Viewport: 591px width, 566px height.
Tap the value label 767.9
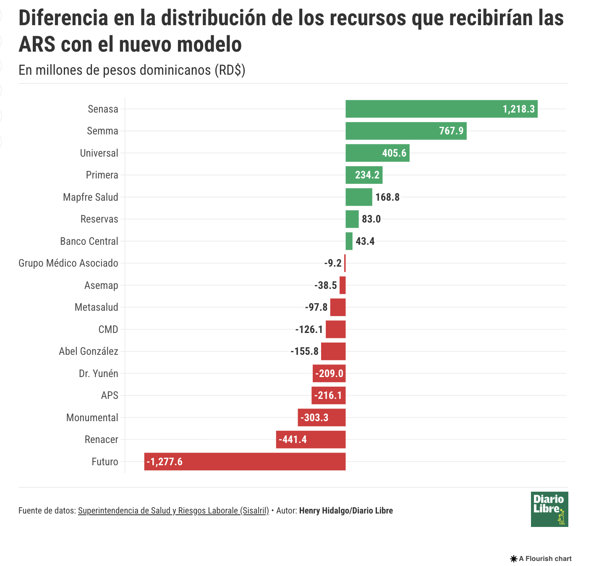[x=451, y=131]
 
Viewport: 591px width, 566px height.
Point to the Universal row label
[x=99, y=153]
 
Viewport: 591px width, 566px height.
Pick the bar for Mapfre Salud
[x=358, y=197]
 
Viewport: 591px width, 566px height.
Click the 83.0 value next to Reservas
[x=371, y=219]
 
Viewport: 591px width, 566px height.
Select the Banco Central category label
[x=89, y=241]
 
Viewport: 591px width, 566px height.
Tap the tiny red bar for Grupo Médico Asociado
[x=345, y=263]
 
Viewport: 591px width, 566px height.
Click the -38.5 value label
[x=326, y=286]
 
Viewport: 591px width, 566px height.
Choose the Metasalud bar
[x=338, y=307]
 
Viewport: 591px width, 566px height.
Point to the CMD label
[x=108, y=330]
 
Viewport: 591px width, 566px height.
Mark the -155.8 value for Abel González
[x=305, y=351]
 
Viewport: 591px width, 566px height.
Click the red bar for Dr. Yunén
[x=329, y=373]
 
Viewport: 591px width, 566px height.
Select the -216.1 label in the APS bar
[x=328, y=396]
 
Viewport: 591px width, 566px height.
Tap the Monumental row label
[x=92, y=418]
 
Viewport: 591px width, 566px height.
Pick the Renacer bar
[x=311, y=440]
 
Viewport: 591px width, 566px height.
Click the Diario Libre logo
[x=549, y=509]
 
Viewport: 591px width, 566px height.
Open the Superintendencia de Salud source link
[x=173, y=511]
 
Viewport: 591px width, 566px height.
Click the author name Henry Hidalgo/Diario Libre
[x=346, y=511]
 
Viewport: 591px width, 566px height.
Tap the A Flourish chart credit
[x=541, y=558]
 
